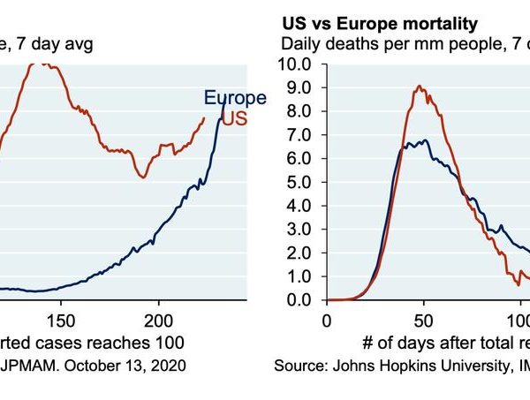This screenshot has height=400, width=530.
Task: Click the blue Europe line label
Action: pyautogui.click(x=234, y=98)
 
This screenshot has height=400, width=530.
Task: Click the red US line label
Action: pyautogui.click(x=234, y=118)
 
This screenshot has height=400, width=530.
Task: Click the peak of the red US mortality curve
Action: pyautogui.click(x=420, y=87)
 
